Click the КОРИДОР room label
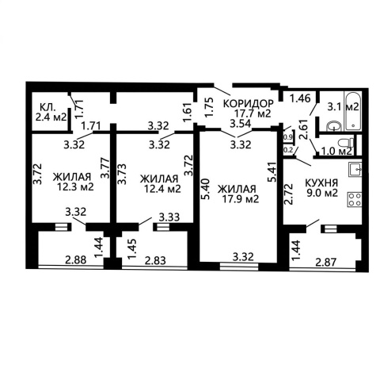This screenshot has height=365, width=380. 249,103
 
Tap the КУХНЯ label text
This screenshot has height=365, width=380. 321,182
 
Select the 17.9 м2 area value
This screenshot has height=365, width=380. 240,199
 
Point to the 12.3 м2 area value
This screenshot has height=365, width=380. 75,187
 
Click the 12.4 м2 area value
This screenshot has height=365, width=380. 162,189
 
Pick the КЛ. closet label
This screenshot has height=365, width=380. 47,107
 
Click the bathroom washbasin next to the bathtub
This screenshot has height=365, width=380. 335,126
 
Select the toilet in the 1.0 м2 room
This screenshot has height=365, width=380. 347,143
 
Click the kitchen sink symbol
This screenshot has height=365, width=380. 355,169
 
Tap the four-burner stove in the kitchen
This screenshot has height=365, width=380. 355,199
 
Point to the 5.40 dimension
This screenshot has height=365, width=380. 206,189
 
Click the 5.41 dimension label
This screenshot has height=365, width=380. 272,172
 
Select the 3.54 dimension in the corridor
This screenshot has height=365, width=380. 240,124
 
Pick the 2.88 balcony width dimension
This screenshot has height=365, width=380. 76,259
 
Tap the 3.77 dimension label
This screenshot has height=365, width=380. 105,168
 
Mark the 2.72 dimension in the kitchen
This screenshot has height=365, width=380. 289,194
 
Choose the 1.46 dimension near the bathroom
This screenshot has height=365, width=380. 300,98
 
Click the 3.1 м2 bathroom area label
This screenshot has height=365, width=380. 343,107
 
